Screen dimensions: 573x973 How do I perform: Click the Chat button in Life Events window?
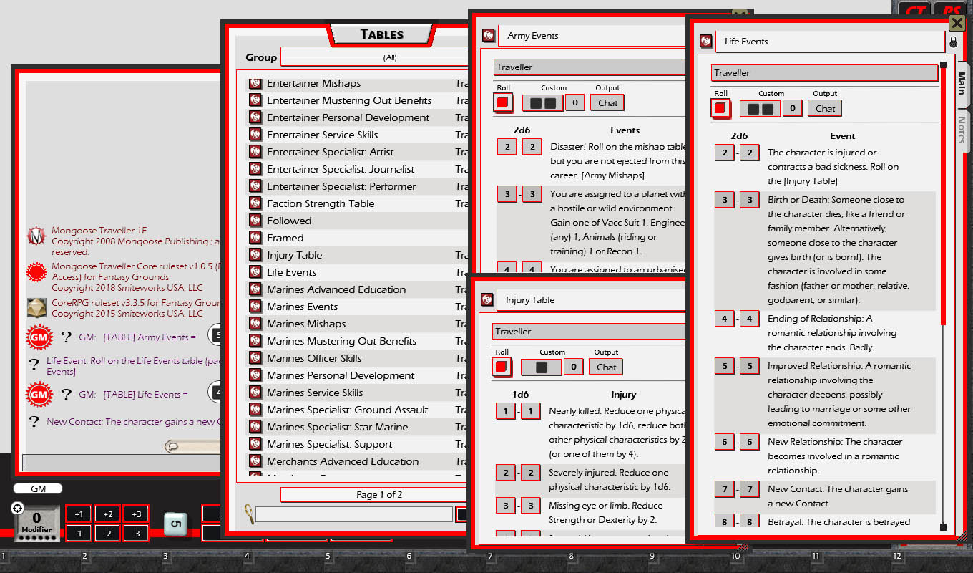[825, 109]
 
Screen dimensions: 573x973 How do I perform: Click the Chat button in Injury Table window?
[606, 367]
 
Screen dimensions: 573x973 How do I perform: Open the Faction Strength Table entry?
[321, 203]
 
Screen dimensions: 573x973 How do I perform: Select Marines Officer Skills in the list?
[314, 358]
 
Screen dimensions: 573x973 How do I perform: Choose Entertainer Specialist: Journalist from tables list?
[341, 169]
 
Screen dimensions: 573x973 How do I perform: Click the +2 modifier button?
[107, 514]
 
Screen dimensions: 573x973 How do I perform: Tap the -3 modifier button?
[136, 533]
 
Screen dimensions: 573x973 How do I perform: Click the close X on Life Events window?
[957, 24]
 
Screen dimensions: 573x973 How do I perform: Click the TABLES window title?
[381, 34]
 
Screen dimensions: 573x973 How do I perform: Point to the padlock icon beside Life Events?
[953, 42]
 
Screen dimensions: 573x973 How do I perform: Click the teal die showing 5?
[175, 524]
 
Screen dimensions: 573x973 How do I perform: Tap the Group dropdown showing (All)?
[390, 57]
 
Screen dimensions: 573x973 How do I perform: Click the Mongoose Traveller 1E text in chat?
[99, 231]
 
